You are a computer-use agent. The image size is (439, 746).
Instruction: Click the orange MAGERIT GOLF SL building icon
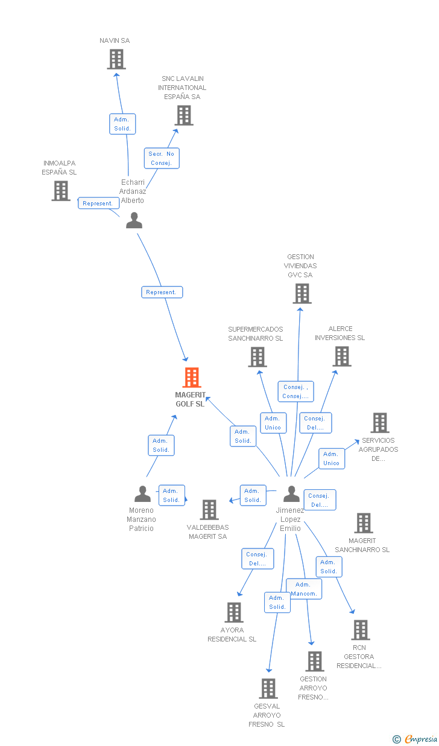pyautogui.click(x=191, y=378)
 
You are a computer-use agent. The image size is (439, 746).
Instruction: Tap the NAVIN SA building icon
pyautogui.click(x=116, y=59)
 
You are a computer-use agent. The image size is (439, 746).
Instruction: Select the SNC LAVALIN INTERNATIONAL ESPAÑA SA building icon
pyautogui.click(x=184, y=115)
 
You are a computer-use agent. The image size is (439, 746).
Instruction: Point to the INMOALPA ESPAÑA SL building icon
pyautogui.click(x=61, y=191)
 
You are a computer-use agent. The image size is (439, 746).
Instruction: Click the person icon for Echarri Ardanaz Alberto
pyautogui.click(x=134, y=220)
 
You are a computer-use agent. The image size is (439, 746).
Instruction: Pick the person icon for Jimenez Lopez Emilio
pyautogui.click(x=291, y=494)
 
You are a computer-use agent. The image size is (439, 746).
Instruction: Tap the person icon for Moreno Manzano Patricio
pyautogui.click(x=142, y=494)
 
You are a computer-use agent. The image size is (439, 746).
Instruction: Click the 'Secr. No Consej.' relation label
pyautogui.click(x=162, y=158)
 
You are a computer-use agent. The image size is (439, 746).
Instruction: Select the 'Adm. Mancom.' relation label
pyautogui.click(x=303, y=589)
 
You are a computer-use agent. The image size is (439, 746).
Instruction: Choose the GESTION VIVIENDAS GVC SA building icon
pyautogui.click(x=302, y=294)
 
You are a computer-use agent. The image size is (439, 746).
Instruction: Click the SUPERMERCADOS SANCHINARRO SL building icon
pyautogui.click(x=257, y=357)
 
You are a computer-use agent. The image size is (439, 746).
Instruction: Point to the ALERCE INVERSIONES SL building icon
pyautogui.click(x=342, y=356)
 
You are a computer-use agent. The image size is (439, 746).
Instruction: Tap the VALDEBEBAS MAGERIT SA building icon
pyautogui.click(x=209, y=510)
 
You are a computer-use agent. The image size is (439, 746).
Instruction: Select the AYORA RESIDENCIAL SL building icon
pyautogui.click(x=234, y=613)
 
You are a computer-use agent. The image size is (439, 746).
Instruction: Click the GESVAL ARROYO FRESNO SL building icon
pyautogui.click(x=268, y=689)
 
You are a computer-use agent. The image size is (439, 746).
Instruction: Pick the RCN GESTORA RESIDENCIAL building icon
pyautogui.click(x=361, y=630)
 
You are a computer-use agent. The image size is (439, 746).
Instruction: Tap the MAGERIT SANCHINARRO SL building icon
pyautogui.click(x=364, y=523)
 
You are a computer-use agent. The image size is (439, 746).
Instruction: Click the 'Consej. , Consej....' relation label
pyautogui.click(x=295, y=391)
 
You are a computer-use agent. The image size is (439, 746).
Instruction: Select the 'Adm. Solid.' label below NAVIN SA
pyautogui.click(x=122, y=124)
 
